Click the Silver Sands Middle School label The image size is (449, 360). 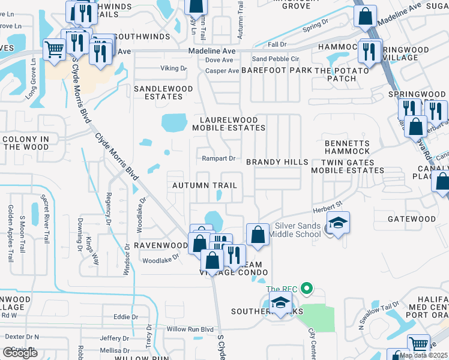pos(297,230)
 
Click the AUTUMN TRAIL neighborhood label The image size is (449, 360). pos(205,186)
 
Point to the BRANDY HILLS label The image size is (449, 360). pos(277,162)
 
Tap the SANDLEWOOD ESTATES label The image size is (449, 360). pos(163,92)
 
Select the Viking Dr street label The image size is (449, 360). pos(173,68)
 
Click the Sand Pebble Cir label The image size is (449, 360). pos(276,59)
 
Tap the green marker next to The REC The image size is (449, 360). pos(307,289)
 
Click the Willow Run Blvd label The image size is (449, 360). pos(190,329)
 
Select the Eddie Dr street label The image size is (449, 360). pos(126,317)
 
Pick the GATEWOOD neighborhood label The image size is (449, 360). pos(411,219)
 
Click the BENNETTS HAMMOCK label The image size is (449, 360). pos(347,148)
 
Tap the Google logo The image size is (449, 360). pos(20,353)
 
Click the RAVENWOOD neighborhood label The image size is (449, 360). pos(161,245)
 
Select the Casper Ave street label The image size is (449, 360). pos(223,71)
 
